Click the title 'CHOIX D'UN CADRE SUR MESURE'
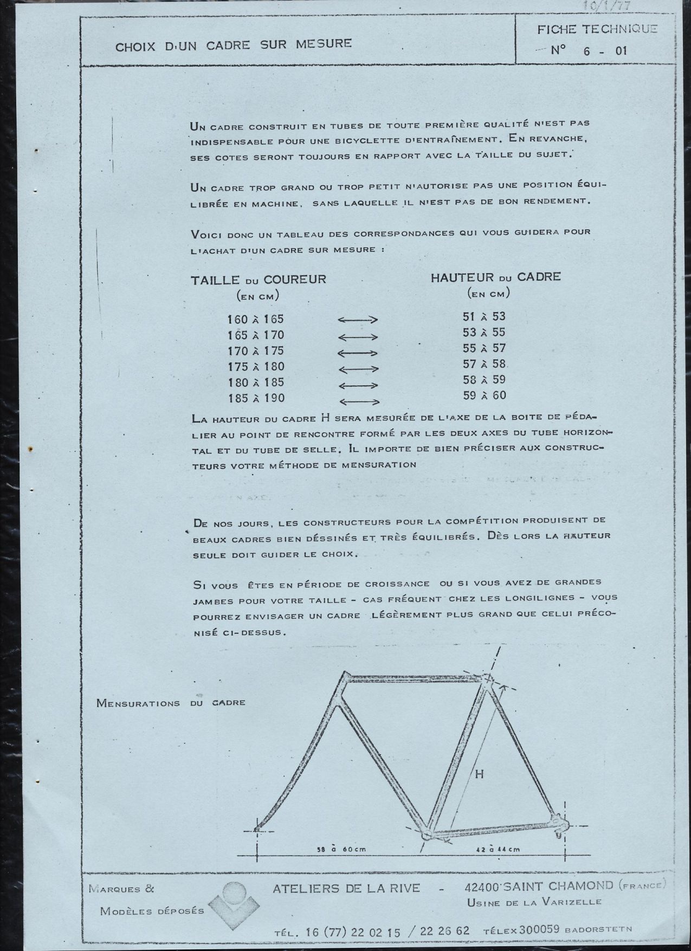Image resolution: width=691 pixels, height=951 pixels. (234, 44)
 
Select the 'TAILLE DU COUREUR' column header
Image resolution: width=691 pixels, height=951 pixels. (258, 280)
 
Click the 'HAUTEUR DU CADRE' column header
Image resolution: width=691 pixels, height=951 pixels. (495, 277)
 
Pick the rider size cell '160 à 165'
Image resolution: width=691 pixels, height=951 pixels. (256, 319)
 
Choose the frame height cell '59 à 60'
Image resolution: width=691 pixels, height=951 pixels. (484, 396)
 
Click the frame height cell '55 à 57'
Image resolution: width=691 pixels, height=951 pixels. (484, 348)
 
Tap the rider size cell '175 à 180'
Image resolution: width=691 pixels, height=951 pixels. (256, 367)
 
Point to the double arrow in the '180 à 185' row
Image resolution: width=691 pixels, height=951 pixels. (358, 385)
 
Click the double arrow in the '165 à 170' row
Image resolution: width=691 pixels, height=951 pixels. (358, 337)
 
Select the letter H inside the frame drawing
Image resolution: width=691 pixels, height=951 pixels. (479, 775)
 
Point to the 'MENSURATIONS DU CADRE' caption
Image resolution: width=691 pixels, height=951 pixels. (171, 703)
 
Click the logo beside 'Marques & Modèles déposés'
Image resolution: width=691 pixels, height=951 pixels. (234, 901)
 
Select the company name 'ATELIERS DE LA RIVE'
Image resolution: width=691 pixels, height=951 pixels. (346, 888)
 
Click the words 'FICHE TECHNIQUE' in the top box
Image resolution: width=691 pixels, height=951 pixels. (597, 30)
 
